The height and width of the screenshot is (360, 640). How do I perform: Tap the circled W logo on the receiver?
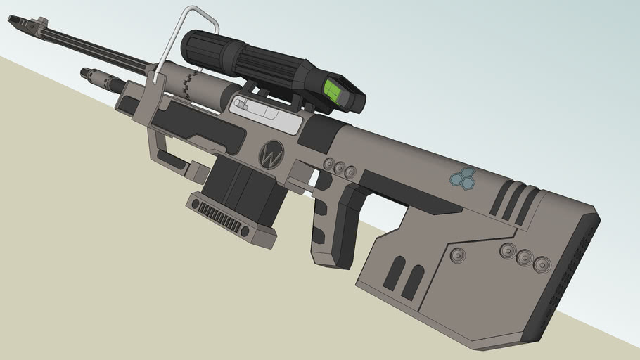point(271,155)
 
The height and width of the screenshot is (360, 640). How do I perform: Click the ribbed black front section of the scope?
point(203,48)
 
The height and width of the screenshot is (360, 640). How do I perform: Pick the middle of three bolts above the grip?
point(339,167)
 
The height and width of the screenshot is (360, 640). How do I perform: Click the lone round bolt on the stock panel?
point(458,255)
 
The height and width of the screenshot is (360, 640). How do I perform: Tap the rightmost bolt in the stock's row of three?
point(542,264)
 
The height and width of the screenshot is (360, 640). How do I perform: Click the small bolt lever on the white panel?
point(241,105)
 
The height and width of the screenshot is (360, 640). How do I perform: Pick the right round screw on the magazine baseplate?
point(245,231)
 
